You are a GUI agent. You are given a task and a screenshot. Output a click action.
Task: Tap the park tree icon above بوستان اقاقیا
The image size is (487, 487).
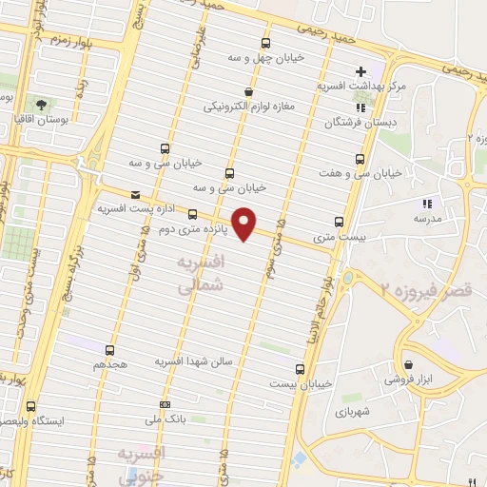(x=41, y=103)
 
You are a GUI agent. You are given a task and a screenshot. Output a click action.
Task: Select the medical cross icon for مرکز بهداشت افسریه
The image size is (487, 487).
(x=360, y=71)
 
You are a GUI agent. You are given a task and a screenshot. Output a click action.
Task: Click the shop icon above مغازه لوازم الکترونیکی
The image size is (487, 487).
(x=247, y=91)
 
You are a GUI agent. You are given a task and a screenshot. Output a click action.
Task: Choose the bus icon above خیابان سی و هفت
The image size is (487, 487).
(x=360, y=158)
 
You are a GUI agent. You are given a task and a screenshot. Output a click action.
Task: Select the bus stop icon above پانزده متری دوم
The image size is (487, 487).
(x=193, y=214)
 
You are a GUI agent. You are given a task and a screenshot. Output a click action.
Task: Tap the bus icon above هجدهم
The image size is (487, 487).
(x=110, y=349)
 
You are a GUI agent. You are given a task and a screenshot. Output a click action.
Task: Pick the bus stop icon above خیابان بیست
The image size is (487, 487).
(x=300, y=368)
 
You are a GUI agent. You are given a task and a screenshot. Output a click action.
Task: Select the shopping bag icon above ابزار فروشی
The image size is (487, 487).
(x=407, y=364)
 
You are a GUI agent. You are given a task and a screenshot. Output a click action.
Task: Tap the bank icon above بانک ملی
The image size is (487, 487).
(x=165, y=404)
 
